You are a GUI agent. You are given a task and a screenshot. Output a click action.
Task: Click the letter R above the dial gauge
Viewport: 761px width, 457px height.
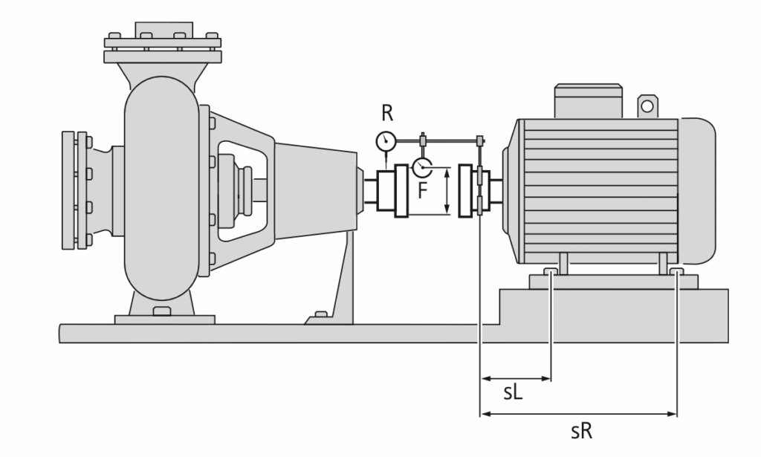click(x=386, y=114)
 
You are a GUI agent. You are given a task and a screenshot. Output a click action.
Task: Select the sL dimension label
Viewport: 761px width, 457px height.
click(x=513, y=393)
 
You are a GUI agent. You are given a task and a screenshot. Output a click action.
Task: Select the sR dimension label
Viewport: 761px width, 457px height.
click(x=581, y=430)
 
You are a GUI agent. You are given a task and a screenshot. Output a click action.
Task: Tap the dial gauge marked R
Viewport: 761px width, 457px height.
click(x=386, y=140)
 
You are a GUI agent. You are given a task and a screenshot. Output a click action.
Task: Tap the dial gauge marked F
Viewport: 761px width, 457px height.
click(x=422, y=166)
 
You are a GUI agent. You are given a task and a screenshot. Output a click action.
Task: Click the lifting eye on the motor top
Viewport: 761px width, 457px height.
click(x=647, y=106)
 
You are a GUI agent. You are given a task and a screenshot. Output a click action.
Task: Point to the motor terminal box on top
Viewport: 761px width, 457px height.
click(x=587, y=100)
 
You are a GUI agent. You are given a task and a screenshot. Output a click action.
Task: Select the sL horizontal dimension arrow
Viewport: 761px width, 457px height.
click(x=516, y=378)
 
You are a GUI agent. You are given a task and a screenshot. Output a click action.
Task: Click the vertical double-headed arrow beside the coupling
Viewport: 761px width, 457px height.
click(x=447, y=191)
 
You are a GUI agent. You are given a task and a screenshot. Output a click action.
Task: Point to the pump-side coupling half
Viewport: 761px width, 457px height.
click(x=394, y=192)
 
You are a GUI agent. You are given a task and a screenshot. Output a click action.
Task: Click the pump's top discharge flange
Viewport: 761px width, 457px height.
click(x=161, y=48)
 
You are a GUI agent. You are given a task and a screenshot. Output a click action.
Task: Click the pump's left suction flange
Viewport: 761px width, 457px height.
click(x=75, y=191)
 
